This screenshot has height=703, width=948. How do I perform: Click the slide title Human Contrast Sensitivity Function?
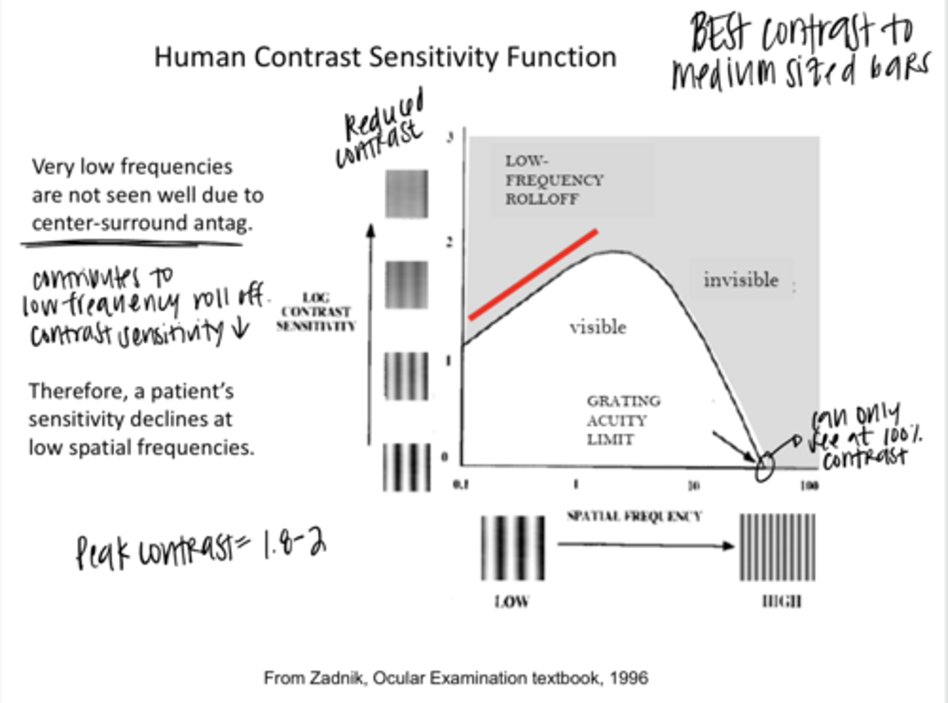385,57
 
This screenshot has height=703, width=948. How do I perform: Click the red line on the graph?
533,274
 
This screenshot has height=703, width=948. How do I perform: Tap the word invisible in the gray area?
741,280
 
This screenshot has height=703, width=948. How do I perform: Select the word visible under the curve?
598,326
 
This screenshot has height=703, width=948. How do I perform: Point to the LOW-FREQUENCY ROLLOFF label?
554,180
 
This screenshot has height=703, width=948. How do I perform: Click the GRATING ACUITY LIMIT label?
623,420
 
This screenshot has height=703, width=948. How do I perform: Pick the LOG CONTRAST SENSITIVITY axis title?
316,311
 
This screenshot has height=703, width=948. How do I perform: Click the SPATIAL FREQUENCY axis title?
634,516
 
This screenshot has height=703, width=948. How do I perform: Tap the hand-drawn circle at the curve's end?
764,467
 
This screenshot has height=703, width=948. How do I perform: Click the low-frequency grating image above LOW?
513,548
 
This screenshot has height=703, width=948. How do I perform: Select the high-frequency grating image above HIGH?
777,548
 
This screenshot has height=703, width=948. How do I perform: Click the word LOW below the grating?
512,601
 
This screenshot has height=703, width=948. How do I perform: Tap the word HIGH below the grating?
781,601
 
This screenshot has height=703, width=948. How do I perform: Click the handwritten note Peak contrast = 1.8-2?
201,549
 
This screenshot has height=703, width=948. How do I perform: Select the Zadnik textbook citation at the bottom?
456,677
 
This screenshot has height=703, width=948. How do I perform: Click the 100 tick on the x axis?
809,486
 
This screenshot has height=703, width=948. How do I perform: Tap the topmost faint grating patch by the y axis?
406,194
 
